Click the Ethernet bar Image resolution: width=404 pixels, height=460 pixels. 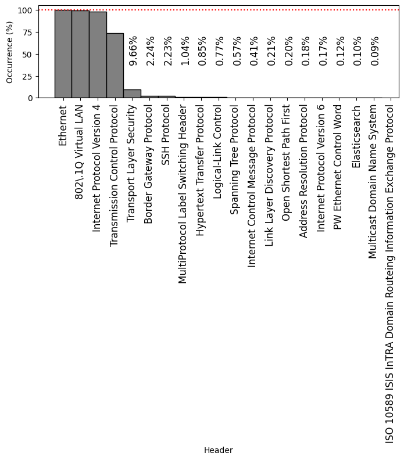(x=63, y=54)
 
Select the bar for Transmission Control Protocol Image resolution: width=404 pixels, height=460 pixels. (x=115, y=66)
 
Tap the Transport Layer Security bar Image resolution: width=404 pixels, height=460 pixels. (x=132, y=94)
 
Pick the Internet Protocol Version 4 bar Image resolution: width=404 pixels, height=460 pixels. (x=98, y=55)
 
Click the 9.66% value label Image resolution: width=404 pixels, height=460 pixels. (x=133, y=51)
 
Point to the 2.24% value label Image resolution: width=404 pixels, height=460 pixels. (x=150, y=51)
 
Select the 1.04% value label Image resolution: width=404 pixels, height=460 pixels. (x=185, y=51)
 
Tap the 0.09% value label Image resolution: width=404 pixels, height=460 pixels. (x=375, y=51)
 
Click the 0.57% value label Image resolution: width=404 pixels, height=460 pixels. (x=237, y=51)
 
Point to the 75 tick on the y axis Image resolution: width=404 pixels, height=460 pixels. (x=27, y=32)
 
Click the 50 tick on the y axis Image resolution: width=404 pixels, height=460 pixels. (x=27, y=54)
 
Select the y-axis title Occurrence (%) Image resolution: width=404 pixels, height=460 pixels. (x=9, y=52)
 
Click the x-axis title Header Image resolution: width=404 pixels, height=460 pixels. (x=218, y=450)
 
